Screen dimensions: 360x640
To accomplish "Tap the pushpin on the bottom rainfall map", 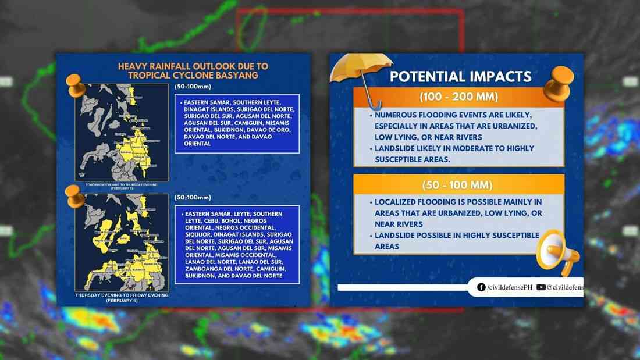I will (75, 196).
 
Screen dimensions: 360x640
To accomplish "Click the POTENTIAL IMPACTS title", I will (460, 77).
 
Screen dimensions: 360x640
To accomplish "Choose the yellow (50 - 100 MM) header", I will (459, 185).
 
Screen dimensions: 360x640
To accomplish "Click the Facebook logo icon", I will (481, 287).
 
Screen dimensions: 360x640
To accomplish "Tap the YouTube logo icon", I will (541, 287).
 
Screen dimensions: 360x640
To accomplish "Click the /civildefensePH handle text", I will (509, 287).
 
